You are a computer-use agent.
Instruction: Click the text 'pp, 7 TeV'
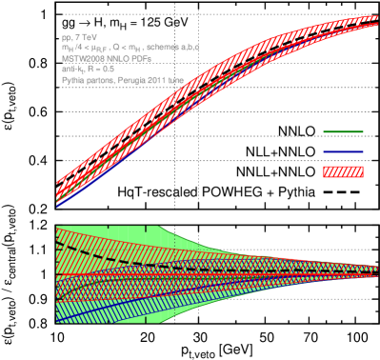75,36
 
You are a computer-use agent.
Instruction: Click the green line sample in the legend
343,132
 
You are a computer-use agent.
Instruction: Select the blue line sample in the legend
343,151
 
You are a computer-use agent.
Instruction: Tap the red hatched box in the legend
343,171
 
